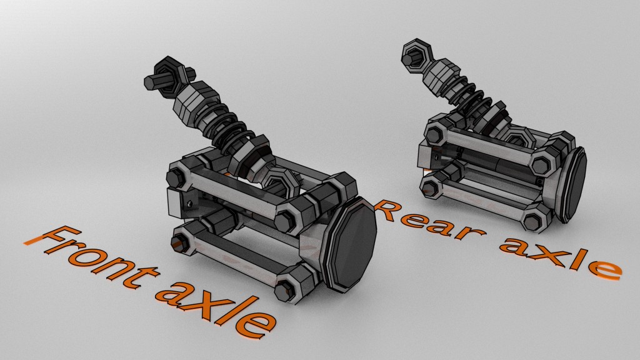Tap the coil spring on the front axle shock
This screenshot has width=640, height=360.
(232, 128)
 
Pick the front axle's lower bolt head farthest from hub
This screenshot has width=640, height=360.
(181, 242)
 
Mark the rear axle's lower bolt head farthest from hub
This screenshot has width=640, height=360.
(431, 186)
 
